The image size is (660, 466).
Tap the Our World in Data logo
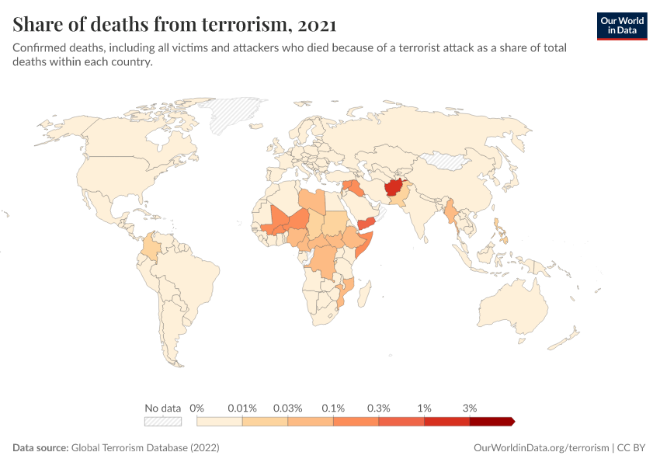(x=621, y=25)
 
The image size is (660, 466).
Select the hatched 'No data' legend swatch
(x=162, y=421)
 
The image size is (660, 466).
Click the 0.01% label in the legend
(x=242, y=408)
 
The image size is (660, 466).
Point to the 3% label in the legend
(x=469, y=408)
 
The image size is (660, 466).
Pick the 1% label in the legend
(x=424, y=408)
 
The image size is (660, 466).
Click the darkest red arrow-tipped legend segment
(x=491, y=421)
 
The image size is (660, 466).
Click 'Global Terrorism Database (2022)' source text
(x=145, y=448)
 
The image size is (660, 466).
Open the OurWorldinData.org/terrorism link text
(x=541, y=448)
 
